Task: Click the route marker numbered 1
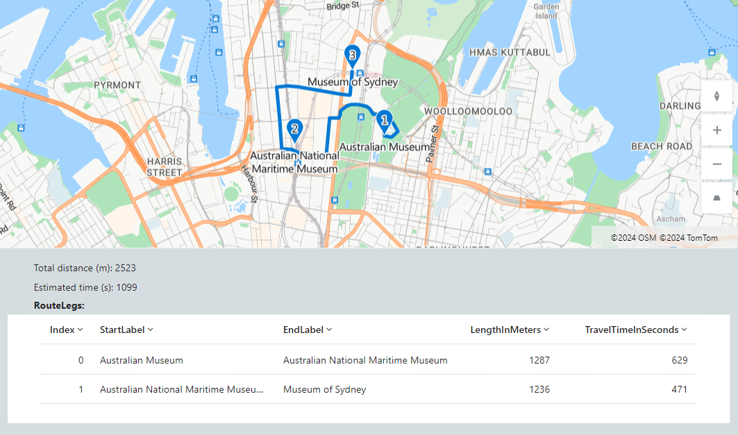384,120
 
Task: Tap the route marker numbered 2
295,128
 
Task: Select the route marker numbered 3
353,55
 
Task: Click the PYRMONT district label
117,85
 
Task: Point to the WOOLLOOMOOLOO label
468,111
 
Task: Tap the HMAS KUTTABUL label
510,52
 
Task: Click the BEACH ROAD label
661,146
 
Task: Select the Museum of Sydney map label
353,83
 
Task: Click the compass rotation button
717,96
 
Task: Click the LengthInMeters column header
505,330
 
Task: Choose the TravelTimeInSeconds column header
632,330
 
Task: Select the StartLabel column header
122,330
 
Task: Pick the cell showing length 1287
539,360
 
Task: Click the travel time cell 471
680,389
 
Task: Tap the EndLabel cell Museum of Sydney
324,389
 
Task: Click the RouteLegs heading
59,305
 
